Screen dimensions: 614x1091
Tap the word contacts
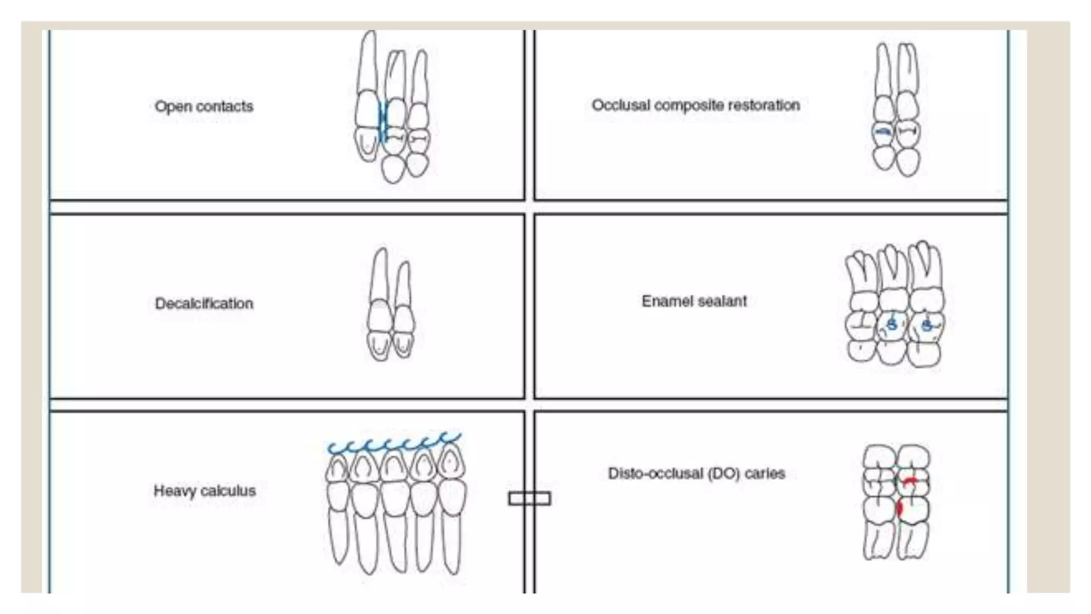pyautogui.click(x=225, y=107)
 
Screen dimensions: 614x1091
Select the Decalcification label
pyautogui.click(x=204, y=304)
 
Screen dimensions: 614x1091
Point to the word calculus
pyautogui.click(x=229, y=491)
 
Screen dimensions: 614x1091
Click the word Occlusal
pyautogui.click(x=621, y=106)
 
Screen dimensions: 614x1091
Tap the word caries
pyautogui.click(x=765, y=474)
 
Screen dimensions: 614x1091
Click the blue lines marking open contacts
pyautogui.click(x=382, y=123)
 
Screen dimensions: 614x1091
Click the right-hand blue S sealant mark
pyautogui.click(x=927, y=324)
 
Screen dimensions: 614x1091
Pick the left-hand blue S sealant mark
pyautogui.click(x=892, y=324)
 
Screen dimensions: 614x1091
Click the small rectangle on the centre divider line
pyautogui.click(x=529, y=498)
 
